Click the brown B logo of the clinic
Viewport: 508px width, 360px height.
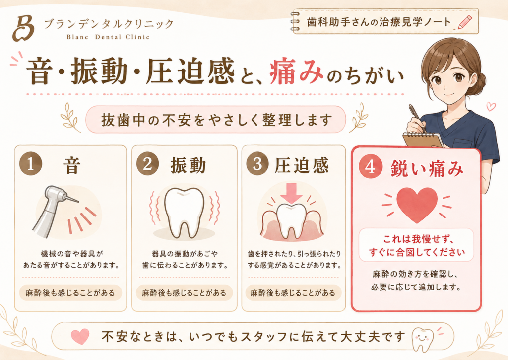tap(23, 28)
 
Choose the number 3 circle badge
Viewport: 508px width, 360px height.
tap(257, 164)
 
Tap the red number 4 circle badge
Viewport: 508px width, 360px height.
tap(370, 167)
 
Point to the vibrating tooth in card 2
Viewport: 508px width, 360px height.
tap(185, 213)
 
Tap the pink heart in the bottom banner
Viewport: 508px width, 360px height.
tap(80, 336)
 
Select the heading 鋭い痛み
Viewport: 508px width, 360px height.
tap(427, 168)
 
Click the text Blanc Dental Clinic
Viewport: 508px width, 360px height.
tap(108, 37)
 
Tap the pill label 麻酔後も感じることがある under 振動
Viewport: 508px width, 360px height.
tap(184, 293)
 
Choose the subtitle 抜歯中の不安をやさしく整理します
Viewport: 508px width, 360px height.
tap(217, 120)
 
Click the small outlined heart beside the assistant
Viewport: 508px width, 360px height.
tap(491, 106)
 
